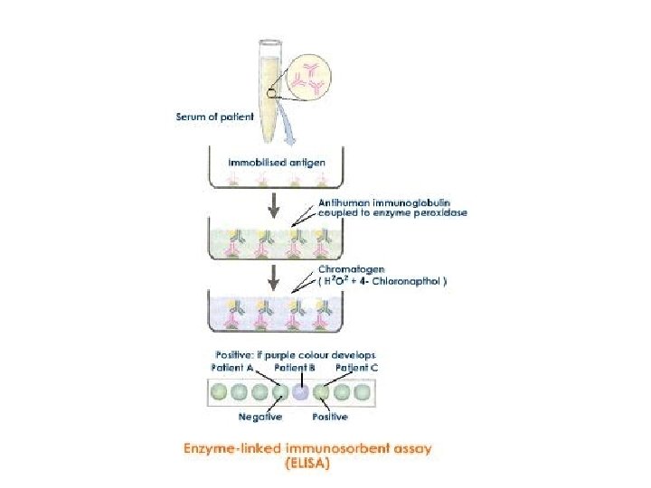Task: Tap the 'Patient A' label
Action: pyautogui.click(x=235, y=367)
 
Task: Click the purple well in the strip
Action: pyautogui.click(x=300, y=392)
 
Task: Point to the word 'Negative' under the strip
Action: pyautogui.click(x=259, y=417)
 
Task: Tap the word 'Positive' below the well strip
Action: pyautogui.click(x=330, y=417)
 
